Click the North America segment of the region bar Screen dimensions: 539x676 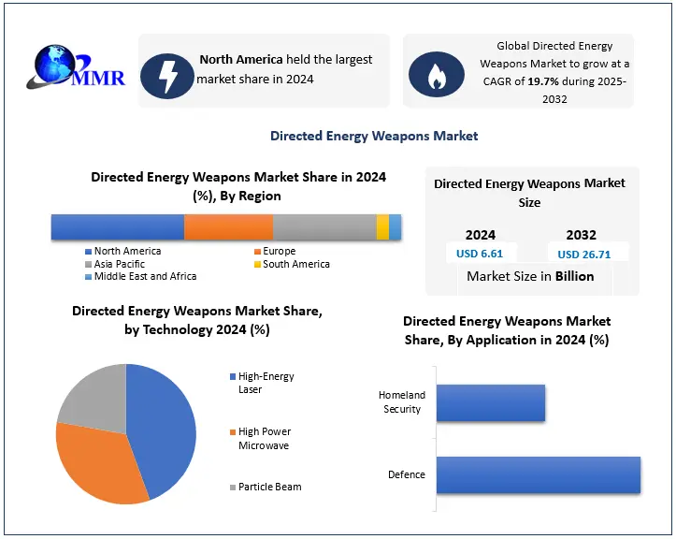pyautogui.click(x=117, y=227)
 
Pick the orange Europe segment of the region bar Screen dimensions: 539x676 pyautogui.click(x=228, y=227)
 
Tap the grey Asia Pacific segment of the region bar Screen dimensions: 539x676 pyautogui.click(x=324, y=227)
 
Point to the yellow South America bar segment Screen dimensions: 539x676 pyautogui.click(x=382, y=227)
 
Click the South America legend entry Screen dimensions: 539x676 pyautogui.click(x=295, y=264)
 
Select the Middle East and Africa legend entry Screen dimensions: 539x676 pyautogui.click(x=145, y=277)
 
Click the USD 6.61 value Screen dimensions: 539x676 pyautogui.click(x=480, y=254)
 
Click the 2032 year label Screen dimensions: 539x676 pyautogui.click(x=581, y=235)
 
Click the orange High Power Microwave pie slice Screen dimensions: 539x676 pyautogui.click(x=93, y=468)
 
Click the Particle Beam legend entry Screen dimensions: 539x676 pyautogui.click(x=269, y=487)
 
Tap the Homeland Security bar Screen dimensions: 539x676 pyautogui.click(x=490, y=402)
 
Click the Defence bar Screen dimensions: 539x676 pyautogui.click(x=538, y=474)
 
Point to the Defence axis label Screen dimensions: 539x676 pyautogui.click(x=407, y=474)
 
